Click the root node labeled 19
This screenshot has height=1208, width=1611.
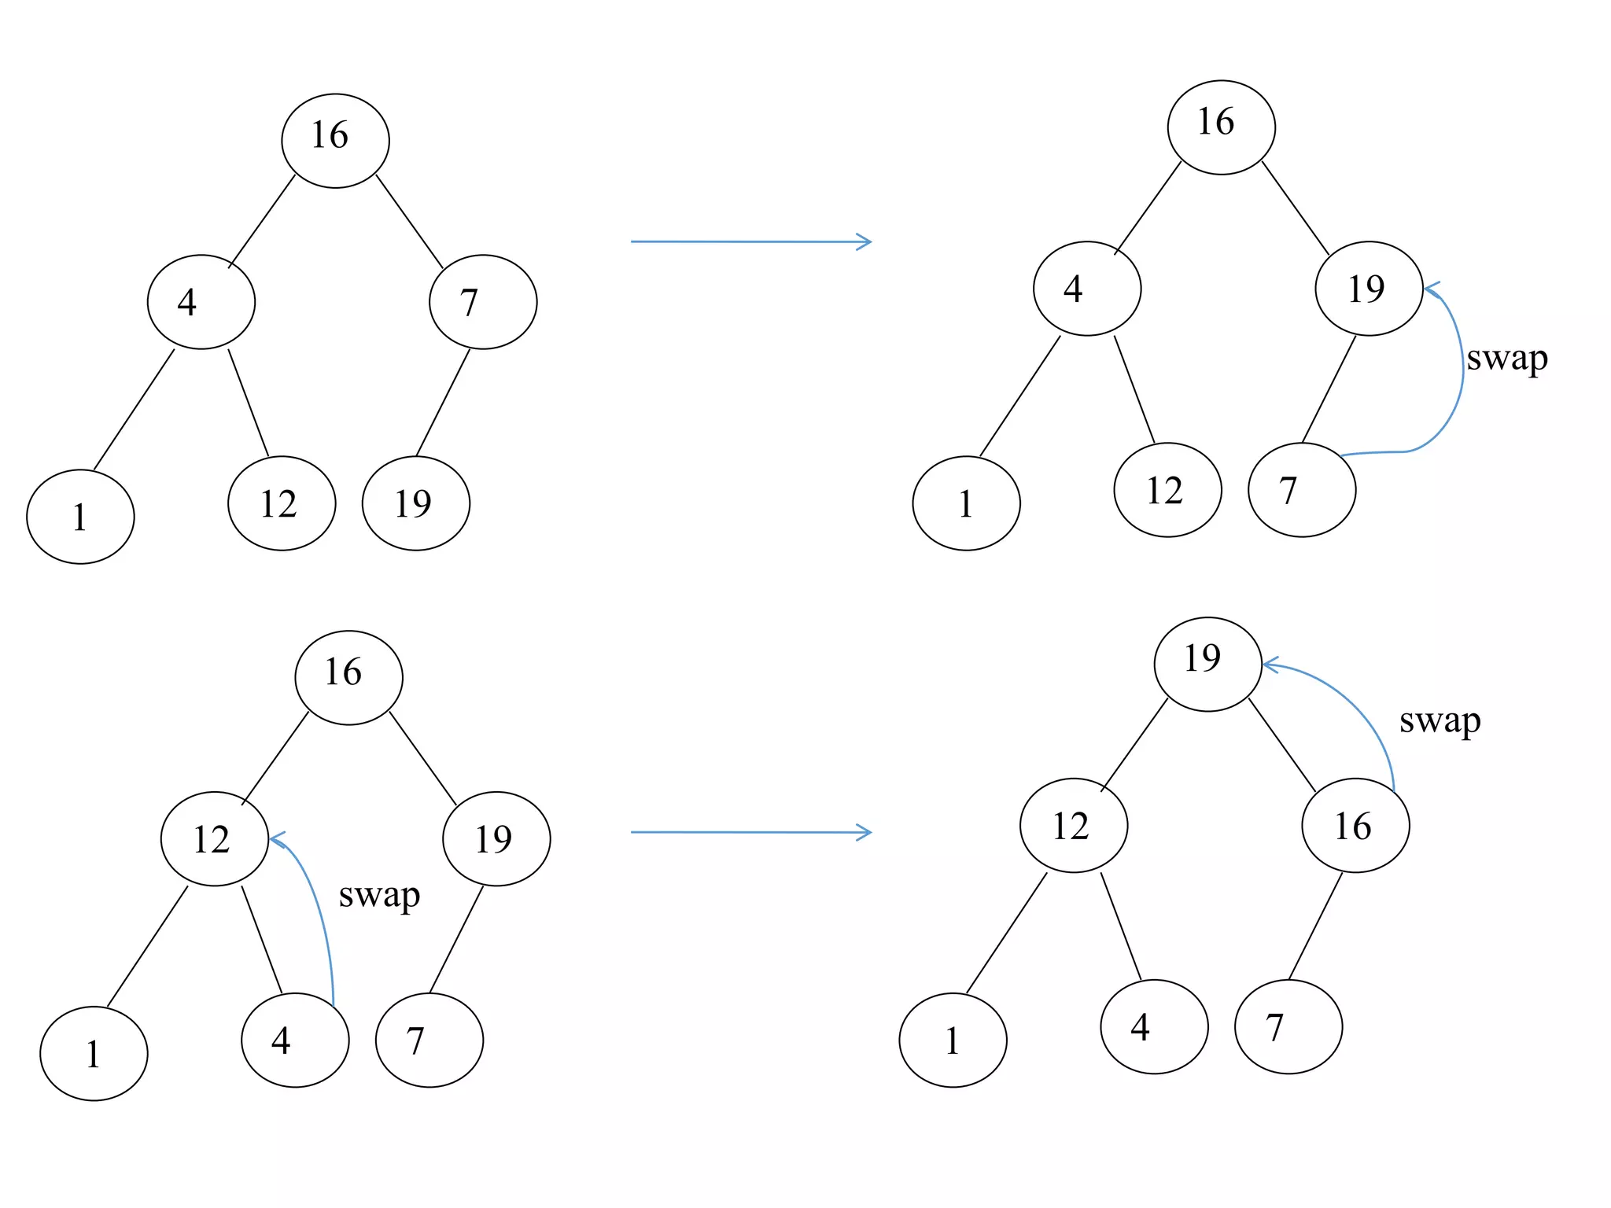point(1207,664)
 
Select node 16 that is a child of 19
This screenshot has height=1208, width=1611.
point(1355,825)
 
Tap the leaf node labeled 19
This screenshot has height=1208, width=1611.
point(415,503)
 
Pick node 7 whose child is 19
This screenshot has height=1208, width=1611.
point(483,302)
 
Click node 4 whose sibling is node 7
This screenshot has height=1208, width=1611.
point(201,302)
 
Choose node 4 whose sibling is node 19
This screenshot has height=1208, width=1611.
point(1086,289)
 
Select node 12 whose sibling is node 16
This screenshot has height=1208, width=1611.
point(1073,825)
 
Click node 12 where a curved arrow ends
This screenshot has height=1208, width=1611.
point(214,838)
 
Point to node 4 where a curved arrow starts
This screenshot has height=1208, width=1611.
point(295,1040)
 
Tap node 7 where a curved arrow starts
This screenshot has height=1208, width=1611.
point(1302,490)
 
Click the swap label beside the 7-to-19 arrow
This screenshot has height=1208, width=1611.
point(1506,359)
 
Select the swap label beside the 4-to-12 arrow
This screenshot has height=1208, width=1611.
point(379,896)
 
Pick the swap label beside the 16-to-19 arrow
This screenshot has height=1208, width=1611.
point(1440,720)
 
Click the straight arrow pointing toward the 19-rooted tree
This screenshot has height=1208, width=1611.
point(751,832)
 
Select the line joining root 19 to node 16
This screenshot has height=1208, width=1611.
point(1281,744)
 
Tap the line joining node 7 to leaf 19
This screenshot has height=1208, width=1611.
point(443,402)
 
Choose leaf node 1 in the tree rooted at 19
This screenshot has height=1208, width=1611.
point(953,1040)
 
